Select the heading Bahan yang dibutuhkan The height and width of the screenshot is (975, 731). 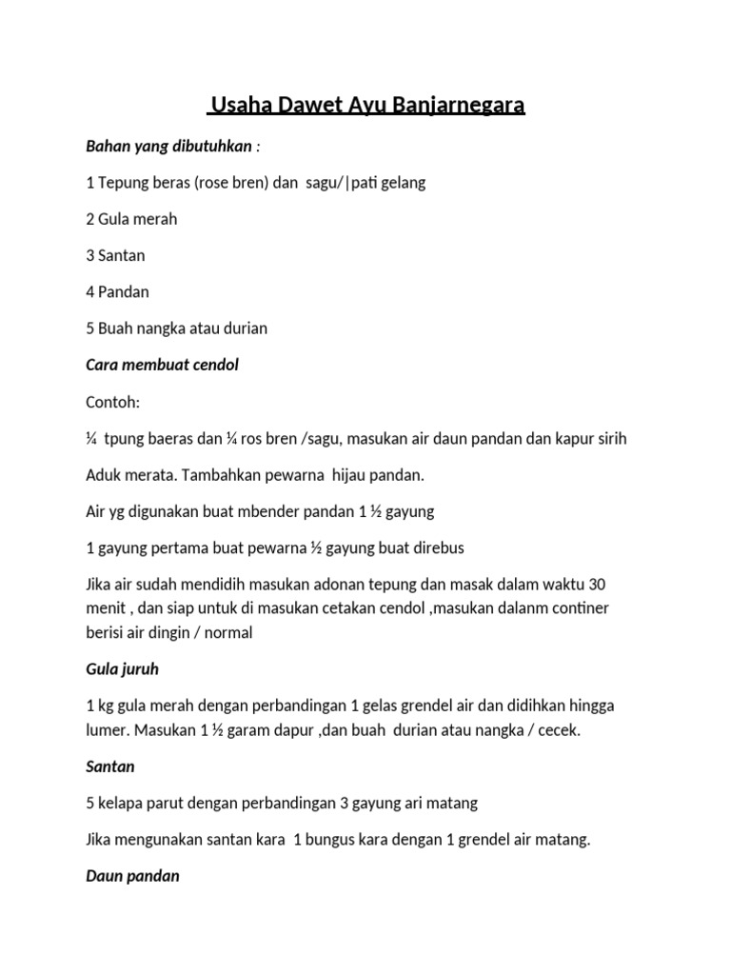[169, 147]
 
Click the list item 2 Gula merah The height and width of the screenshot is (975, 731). [131, 219]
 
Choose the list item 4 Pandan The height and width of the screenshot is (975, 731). [117, 292]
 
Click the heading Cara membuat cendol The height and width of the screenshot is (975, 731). [162, 366]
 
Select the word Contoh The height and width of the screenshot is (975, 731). [112, 402]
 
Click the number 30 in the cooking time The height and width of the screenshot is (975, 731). [597, 584]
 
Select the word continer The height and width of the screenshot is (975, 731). [569, 607]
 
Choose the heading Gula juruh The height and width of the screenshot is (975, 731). [122, 669]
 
